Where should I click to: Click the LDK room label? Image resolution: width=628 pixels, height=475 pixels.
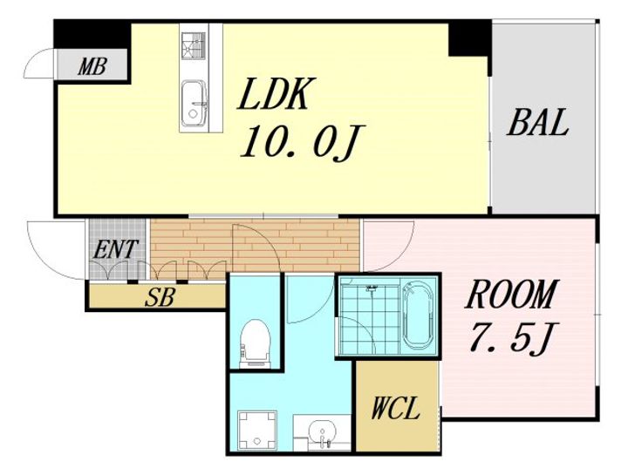click(x=274, y=94)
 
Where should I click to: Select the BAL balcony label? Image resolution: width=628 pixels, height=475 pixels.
click(x=538, y=122)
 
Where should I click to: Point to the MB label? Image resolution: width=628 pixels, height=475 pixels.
click(x=92, y=66)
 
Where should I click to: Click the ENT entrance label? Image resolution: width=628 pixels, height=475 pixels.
click(x=116, y=249)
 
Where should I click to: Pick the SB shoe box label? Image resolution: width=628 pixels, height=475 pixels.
click(x=160, y=297)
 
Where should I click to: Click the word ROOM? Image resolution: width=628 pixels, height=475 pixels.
click(x=510, y=294)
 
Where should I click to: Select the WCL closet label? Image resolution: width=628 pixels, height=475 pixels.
click(x=395, y=408)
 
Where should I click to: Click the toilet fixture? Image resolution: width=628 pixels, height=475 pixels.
click(x=255, y=343)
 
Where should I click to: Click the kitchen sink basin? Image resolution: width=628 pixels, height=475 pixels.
click(x=194, y=103)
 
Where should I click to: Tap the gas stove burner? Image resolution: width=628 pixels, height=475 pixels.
click(x=193, y=44)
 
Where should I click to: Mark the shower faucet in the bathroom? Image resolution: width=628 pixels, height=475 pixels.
click(x=372, y=288)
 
